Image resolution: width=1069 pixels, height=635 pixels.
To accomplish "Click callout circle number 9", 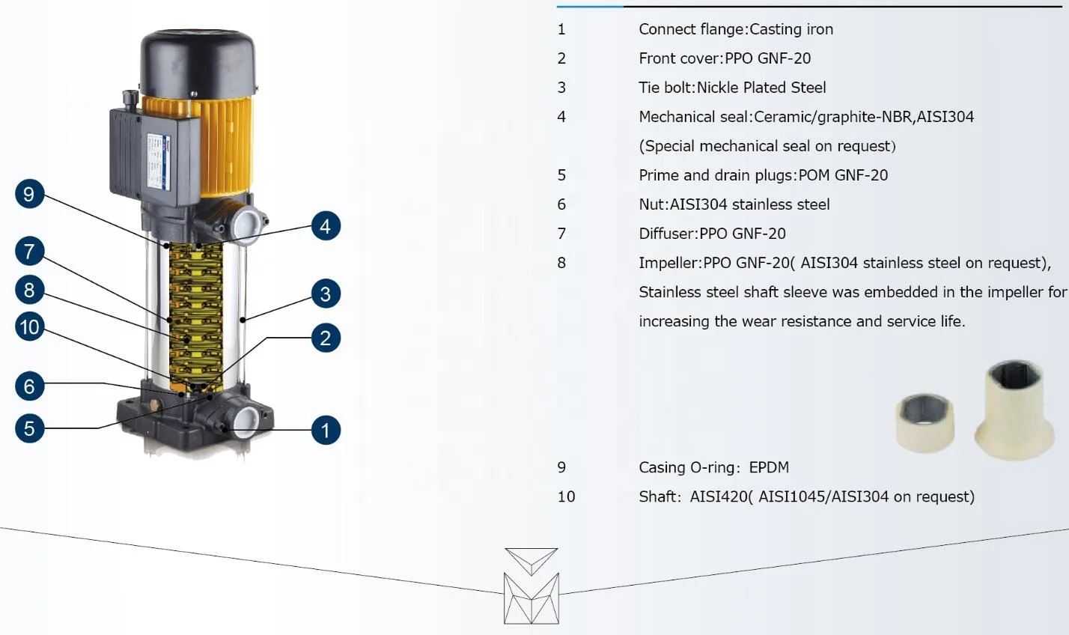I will coord(29,195).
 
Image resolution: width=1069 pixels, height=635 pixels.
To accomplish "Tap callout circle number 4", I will coord(325,226).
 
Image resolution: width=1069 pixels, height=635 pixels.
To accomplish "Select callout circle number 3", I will coord(325,294).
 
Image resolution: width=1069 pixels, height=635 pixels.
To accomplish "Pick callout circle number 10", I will coord(29,327).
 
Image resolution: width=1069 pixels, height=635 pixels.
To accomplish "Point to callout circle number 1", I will coord(325,430).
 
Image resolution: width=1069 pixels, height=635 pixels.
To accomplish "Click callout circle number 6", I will coord(29,386).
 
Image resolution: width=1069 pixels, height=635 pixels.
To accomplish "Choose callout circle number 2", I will coord(325,338).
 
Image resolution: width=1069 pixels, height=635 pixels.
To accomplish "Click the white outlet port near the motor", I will coord(249,222).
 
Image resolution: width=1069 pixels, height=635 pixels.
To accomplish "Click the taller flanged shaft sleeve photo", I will coord(1011,410).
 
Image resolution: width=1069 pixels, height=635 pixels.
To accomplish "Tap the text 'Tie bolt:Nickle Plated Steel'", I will coord(732,88).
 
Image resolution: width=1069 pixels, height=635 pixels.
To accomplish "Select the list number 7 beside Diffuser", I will coord(561,234).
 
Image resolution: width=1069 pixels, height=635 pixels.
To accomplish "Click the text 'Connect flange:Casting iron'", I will coord(735,29).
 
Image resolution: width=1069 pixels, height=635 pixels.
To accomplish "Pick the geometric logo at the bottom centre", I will coord(531,586).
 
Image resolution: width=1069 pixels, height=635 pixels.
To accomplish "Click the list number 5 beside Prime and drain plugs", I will coord(561,175).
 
